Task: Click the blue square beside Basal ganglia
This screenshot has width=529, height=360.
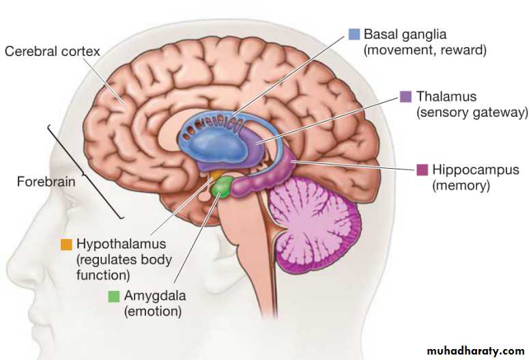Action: pos(354,34)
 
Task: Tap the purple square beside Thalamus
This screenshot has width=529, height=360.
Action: pos(405,96)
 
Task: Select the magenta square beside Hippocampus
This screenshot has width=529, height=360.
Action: pos(422,169)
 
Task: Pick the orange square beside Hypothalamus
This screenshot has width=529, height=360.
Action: pos(66,244)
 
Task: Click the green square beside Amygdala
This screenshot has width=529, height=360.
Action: pos(113,296)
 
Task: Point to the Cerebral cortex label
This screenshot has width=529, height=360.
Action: pos(52,51)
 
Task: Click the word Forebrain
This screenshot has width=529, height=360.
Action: pos(46,182)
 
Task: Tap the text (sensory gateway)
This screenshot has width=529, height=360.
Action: pos(473,113)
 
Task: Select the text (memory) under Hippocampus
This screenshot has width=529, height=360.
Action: pos(461,185)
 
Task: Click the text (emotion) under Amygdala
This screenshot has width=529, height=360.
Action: pos(152,312)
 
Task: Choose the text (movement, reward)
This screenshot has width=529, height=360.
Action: pos(425,51)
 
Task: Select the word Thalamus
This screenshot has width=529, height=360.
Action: pos(446,96)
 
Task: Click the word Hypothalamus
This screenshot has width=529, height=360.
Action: pos(121,244)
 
